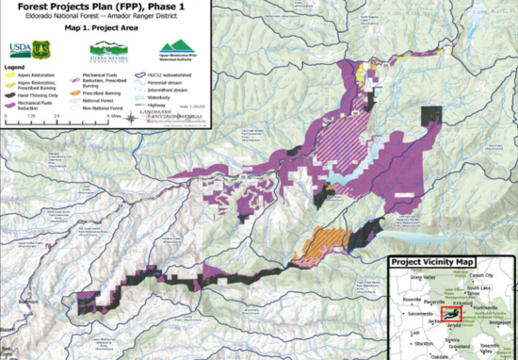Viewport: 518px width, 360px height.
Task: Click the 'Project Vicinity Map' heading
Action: pyautogui.click(x=433, y=262)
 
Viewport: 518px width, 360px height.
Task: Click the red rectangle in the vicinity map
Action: pyautogui.click(x=453, y=315)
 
